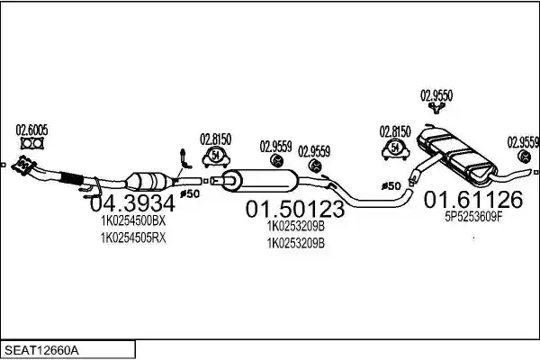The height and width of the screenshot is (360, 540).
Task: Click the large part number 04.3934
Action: click(x=132, y=203)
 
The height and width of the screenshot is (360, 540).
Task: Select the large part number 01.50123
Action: click(x=295, y=209)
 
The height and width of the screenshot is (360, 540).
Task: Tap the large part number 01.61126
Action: click(x=473, y=200)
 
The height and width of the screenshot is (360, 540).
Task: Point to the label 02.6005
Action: click(x=31, y=130)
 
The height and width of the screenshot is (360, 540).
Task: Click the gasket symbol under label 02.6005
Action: click(x=32, y=143)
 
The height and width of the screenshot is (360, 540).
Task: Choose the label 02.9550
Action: click(x=436, y=95)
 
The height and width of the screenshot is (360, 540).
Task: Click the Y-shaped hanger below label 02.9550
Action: click(x=436, y=108)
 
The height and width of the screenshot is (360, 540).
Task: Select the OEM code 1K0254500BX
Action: click(x=133, y=220)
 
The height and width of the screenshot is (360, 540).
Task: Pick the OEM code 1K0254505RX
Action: click(x=133, y=238)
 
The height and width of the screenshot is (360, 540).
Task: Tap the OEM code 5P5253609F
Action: click(x=474, y=217)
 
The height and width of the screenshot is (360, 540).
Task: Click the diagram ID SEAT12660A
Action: click(x=41, y=351)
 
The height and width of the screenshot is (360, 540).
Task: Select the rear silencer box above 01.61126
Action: click(x=456, y=155)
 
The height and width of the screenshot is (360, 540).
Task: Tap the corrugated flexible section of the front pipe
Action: click(x=72, y=178)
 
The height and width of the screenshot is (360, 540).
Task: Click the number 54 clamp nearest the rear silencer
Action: click(x=395, y=148)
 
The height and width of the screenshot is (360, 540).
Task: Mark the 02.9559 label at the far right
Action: click(x=522, y=142)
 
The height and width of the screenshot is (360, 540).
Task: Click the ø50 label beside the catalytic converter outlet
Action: click(x=190, y=194)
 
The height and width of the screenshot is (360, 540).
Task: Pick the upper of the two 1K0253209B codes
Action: click(x=296, y=226)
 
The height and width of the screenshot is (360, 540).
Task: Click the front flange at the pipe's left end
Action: click(x=23, y=166)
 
